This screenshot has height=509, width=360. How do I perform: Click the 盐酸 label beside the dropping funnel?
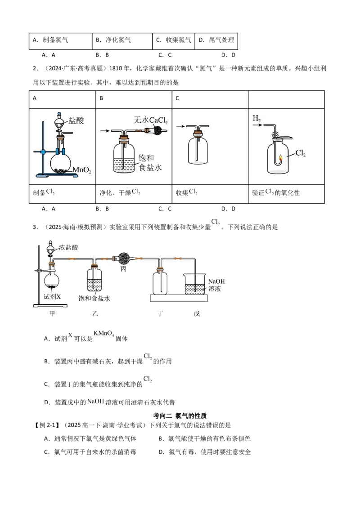point(76,121)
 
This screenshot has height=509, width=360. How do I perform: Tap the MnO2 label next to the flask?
point(81,170)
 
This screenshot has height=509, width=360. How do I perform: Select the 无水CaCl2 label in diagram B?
point(150,121)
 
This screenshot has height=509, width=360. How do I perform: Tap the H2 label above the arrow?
point(256,119)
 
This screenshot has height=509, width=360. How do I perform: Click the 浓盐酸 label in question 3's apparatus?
point(68,247)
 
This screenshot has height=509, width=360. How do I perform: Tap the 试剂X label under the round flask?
point(52,296)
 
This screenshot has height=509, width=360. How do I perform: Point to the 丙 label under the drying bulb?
point(123,269)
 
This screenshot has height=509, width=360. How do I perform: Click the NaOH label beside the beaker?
point(216,281)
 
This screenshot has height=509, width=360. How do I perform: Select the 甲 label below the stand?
point(52,313)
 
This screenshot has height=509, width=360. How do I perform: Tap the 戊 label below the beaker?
point(197,313)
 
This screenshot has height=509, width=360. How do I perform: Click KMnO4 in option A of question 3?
point(103,334)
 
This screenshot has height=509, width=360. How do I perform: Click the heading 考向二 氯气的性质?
point(180,416)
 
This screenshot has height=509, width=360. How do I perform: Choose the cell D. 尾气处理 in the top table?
point(216,40)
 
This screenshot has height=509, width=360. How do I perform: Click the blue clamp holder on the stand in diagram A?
point(43,152)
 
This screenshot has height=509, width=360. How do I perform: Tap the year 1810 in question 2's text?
point(116,68)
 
